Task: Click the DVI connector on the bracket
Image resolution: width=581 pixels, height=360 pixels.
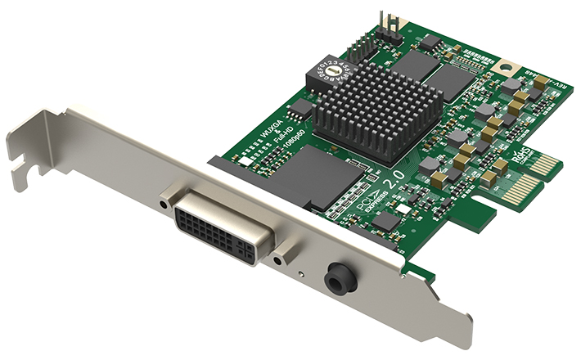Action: (x=219, y=228)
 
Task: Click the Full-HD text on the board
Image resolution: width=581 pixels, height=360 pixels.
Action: (x=283, y=133)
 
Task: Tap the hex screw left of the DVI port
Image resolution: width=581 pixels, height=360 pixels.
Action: (x=166, y=200)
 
